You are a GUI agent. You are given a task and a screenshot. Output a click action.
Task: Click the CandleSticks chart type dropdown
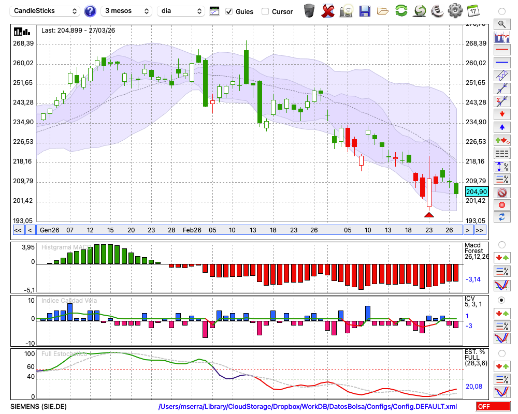[x=46, y=11]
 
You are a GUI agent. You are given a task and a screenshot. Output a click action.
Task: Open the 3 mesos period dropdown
[x=126, y=11]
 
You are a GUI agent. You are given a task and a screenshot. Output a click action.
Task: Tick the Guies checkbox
[x=229, y=11]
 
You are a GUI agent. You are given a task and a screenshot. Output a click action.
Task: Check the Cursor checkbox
[x=265, y=11]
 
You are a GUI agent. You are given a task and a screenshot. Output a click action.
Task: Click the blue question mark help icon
[x=90, y=11]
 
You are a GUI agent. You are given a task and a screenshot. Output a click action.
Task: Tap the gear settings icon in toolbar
[x=455, y=10]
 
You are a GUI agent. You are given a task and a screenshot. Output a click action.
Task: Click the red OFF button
[x=493, y=406]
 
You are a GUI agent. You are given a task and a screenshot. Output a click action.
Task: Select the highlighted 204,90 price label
[x=476, y=191]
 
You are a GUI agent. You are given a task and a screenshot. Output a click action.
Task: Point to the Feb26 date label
[x=192, y=230]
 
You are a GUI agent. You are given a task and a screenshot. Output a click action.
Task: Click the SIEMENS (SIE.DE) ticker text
[x=39, y=406]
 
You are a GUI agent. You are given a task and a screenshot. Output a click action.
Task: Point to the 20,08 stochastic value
[x=474, y=386]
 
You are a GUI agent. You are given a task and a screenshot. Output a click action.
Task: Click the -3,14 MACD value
[x=474, y=279]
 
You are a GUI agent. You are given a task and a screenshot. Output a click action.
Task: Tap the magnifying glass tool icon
[x=501, y=24]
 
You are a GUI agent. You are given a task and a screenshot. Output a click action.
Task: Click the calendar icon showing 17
[x=472, y=10]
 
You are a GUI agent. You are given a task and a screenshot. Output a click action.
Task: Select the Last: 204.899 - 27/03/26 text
[x=78, y=31]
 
